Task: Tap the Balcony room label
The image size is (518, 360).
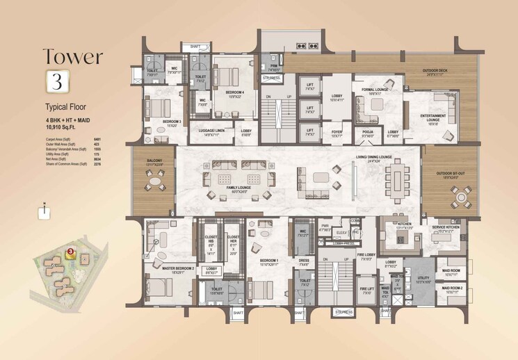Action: (154, 162)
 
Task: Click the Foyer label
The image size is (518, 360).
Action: (337, 133)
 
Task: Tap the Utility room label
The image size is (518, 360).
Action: (423, 280)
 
